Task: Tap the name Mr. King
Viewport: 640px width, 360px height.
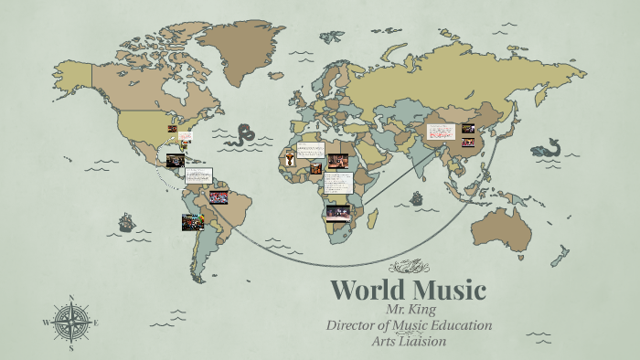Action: point(409,311)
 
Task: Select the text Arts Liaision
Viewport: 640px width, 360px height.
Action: point(409,342)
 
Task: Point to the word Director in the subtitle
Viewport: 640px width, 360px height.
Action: point(351,326)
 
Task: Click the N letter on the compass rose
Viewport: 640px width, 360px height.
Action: point(71,298)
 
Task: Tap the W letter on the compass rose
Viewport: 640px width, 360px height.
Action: point(46,323)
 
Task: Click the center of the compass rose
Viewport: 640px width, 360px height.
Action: point(71,323)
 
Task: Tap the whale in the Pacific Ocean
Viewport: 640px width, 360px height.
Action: point(547,147)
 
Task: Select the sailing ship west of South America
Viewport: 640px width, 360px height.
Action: point(125,222)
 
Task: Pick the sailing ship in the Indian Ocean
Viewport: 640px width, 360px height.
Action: point(417,198)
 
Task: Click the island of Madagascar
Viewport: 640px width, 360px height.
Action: point(371,219)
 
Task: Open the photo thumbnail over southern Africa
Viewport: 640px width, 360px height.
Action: point(338,212)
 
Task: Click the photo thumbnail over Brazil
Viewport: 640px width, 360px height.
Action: point(219,196)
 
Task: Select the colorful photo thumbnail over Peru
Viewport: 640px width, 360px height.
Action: point(192,222)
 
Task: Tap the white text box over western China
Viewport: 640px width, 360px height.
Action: point(442,135)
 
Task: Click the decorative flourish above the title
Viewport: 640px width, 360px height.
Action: point(409,267)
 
